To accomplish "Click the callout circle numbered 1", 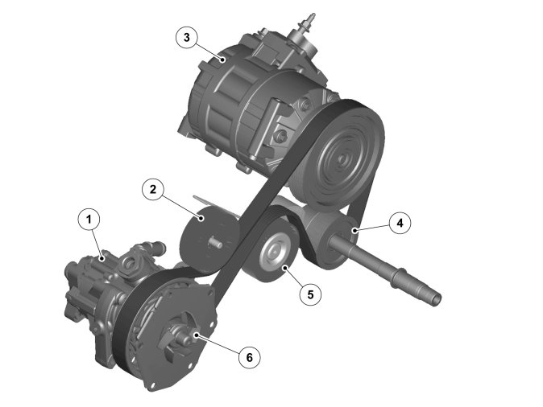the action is point(89,220).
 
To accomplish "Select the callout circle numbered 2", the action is point(153,189).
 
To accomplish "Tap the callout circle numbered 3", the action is point(187,37).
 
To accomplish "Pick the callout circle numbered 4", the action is point(400,223).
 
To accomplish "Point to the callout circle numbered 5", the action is point(310,294).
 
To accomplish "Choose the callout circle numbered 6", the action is point(249,357).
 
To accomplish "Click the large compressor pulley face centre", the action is point(342,158).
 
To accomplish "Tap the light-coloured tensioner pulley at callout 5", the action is point(276,255).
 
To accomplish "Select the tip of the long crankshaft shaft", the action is point(437,299).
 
